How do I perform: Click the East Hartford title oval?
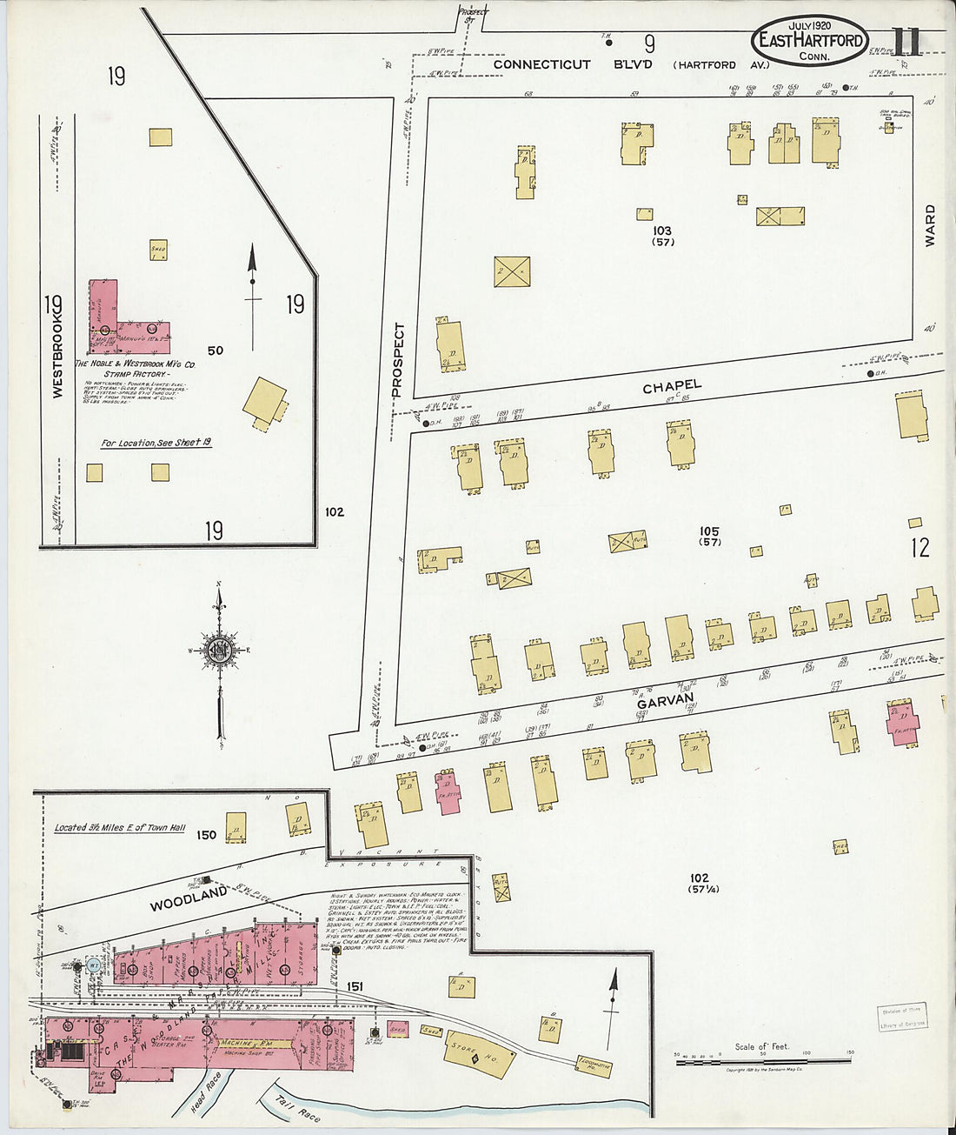tap(810, 40)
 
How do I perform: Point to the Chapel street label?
tap(671, 386)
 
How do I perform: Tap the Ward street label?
tap(930, 225)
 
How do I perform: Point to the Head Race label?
tap(207, 1092)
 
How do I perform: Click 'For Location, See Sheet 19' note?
tap(156, 443)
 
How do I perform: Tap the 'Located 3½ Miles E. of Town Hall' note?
tap(119, 828)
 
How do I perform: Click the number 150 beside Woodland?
tap(206, 835)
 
